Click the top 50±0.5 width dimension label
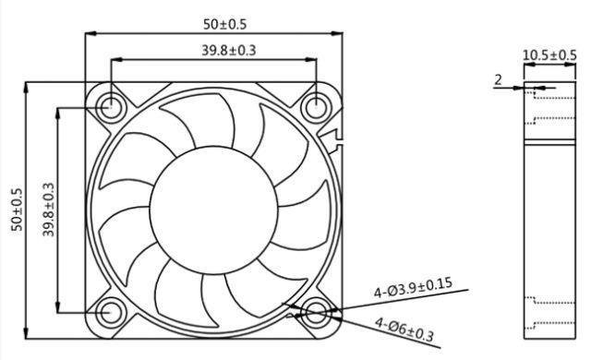224,25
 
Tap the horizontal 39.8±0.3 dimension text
228,50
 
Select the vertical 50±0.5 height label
18,210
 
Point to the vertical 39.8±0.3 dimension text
48,210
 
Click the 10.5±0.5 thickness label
550,55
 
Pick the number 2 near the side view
499,80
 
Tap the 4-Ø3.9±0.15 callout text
413,288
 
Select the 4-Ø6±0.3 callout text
404,330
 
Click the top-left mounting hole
111,107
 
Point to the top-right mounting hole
317,107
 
